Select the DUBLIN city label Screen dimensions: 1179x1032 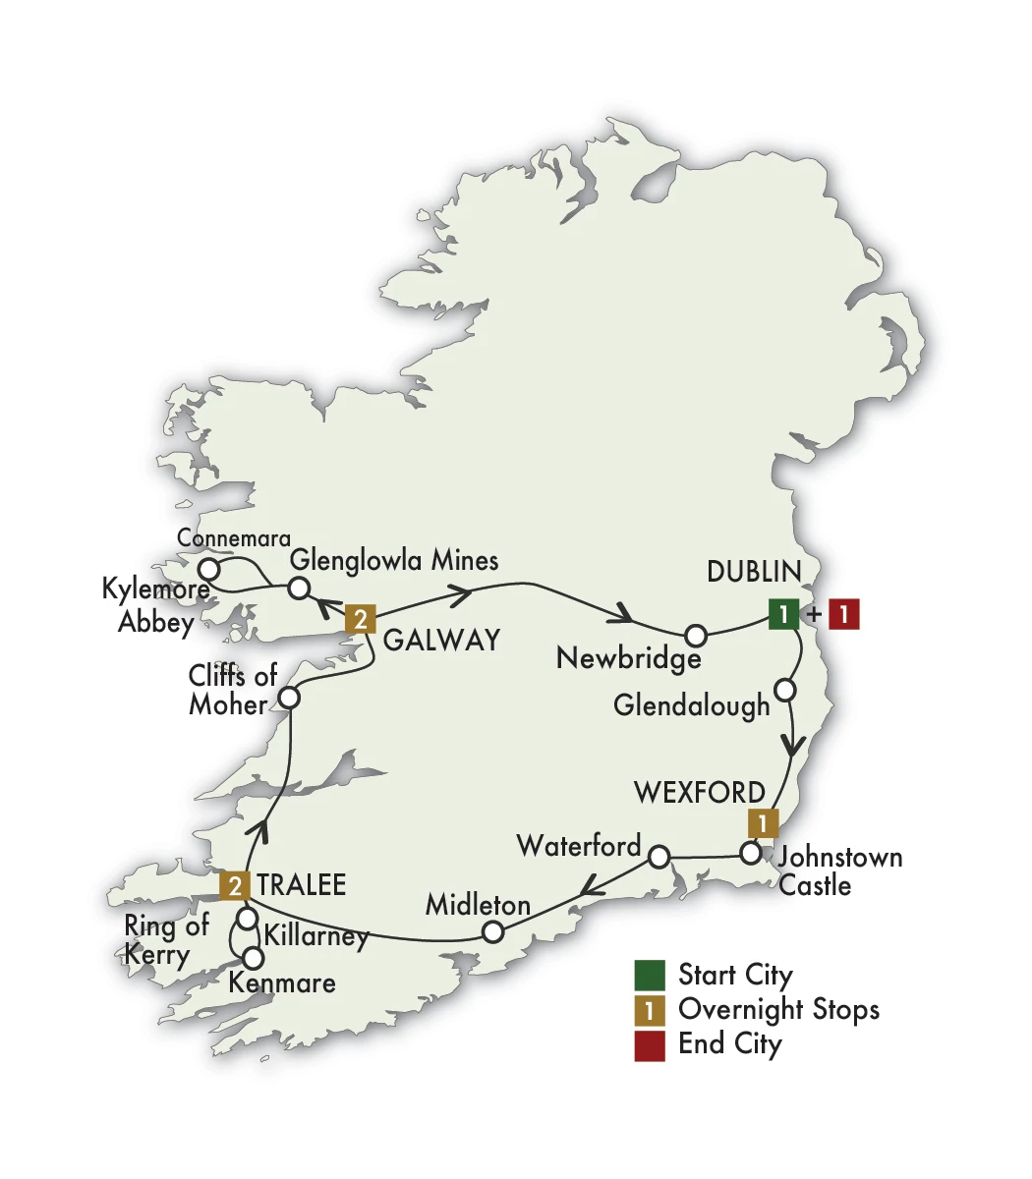pyautogui.click(x=754, y=571)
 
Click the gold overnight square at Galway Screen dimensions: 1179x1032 pyautogui.click(x=361, y=619)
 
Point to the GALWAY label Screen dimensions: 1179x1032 pyautogui.click(x=441, y=641)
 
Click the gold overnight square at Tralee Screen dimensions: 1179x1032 pyautogui.click(x=234, y=885)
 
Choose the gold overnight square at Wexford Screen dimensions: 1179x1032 pyautogui.click(x=763, y=822)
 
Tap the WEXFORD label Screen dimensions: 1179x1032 pyautogui.click(x=700, y=792)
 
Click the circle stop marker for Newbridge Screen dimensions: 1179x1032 pyautogui.click(x=695, y=634)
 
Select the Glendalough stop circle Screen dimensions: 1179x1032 pyautogui.click(x=784, y=690)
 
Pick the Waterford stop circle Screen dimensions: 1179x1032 pyautogui.click(x=659, y=857)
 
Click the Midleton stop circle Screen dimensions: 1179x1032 pyautogui.click(x=494, y=930)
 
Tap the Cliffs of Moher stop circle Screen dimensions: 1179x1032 pyautogui.click(x=289, y=698)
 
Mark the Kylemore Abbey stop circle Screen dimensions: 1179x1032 pyautogui.click(x=208, y=569)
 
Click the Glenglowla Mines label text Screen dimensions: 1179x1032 pyautogui.click(x=394, y=560)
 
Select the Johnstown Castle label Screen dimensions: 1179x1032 pyautogui.click(x=837, y=870)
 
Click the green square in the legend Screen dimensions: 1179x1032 pyautogui.click(x=649, y=975)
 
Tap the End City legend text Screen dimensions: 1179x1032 pyautogui.click(x=729, y=1043)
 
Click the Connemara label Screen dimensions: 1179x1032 pyautogui.click(x=234, y=538)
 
